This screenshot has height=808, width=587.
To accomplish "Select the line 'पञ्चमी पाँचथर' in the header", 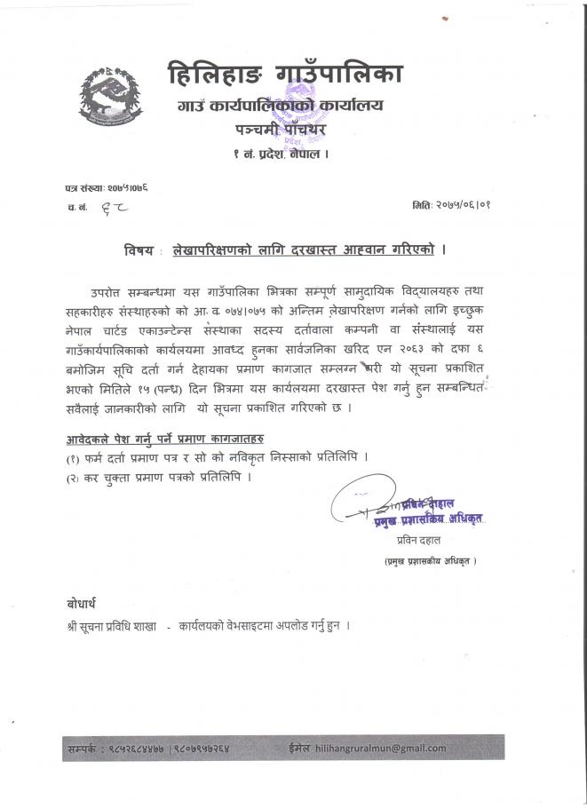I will pos(275,131).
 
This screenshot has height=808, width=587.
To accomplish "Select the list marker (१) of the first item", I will pos(72,457).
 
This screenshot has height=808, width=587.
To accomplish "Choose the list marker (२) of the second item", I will pos(72,477).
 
